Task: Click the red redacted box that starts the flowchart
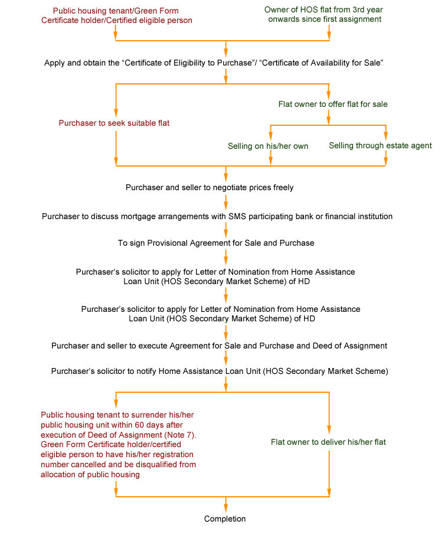pos(115,15)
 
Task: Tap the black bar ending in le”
pos(210,63)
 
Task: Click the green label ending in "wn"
pos(267,146)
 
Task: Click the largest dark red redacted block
pos(118,445)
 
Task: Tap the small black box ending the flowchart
pos(225,519)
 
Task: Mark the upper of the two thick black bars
pos(215,277)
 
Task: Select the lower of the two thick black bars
pos(221,314)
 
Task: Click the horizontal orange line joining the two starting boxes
pos(222,40)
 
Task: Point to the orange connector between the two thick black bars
pos(226,295)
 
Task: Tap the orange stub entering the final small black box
pos(226,506)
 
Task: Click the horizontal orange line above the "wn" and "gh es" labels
pos(328,125)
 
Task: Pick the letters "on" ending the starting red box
pos(188,21)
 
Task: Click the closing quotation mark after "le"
pos(382,61)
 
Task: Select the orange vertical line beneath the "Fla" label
pos(329,473)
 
